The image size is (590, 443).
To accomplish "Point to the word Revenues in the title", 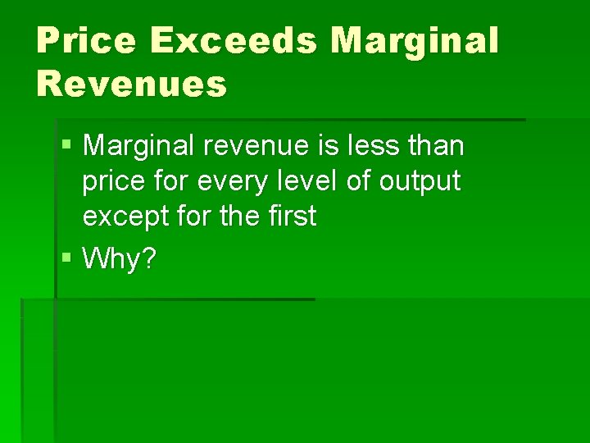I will tap(131, 84).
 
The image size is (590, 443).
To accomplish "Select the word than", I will tap(437, 147).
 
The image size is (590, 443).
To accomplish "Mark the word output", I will tap(420, 183).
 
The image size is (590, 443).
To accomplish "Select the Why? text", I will tap(120, 260).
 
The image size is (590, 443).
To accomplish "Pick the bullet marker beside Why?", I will tap(66, 260).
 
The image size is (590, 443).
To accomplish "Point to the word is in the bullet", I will tap(324, 147).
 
